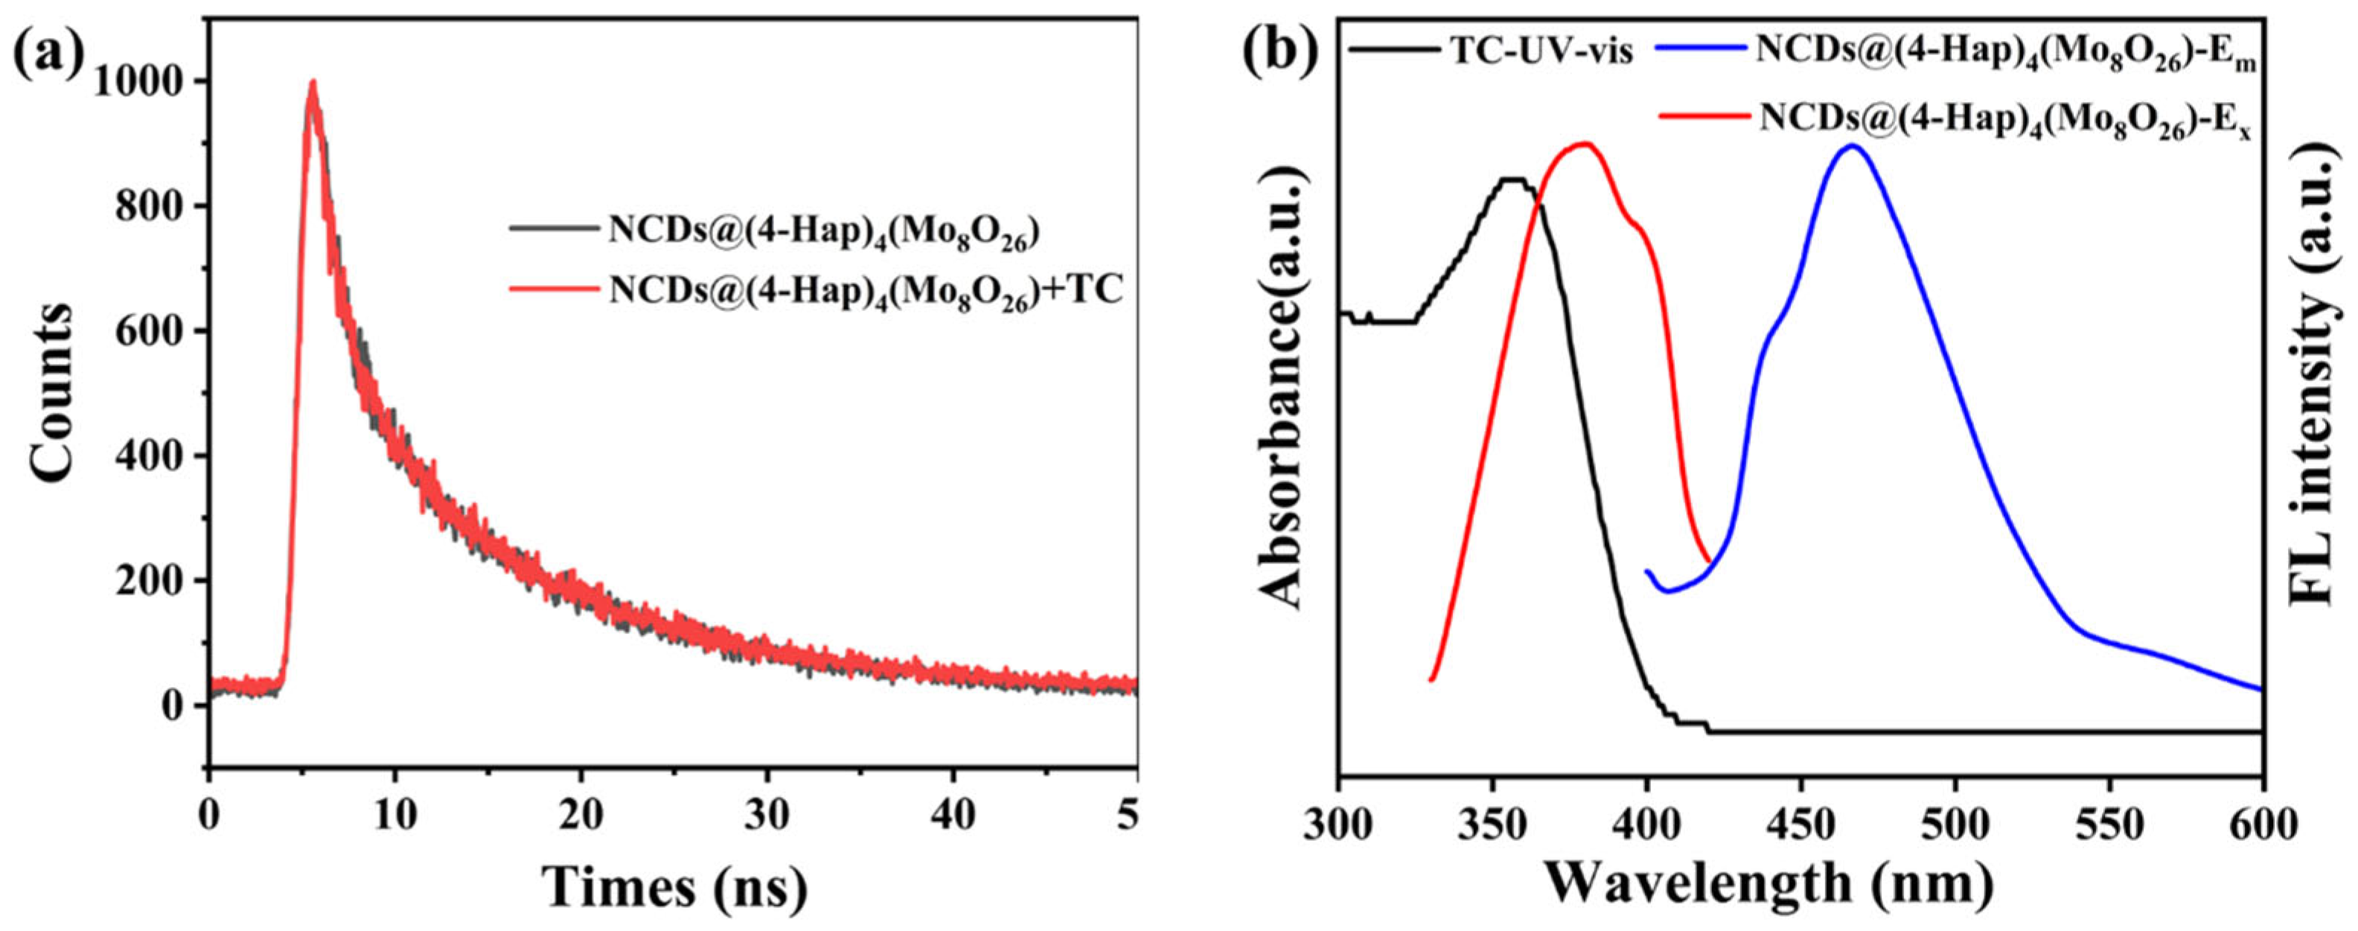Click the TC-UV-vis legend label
pos(1541,51)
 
